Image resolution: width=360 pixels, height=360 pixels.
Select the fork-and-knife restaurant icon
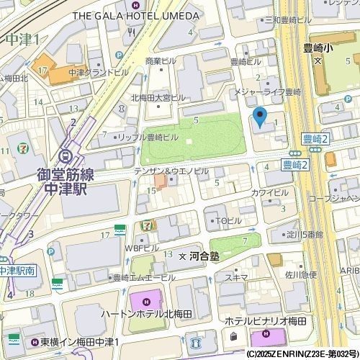click(x=130, y=32)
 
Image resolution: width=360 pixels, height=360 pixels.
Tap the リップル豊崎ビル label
click(x=148, y=137)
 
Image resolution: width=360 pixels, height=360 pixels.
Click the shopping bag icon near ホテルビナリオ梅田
click(x=233, y=336)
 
